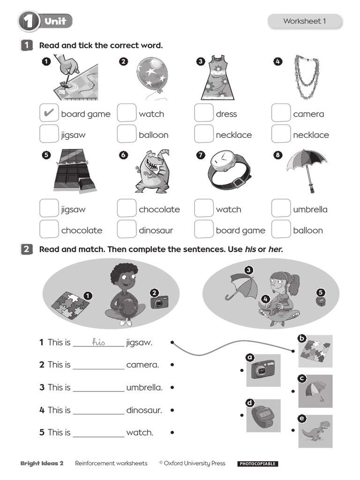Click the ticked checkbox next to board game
(49, 113)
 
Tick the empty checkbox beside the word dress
(203, 113)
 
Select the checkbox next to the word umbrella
(281, 209)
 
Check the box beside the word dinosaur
(126, 229)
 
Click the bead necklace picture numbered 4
(307, 76)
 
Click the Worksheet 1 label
(304, 21)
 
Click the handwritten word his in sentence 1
(98, 342)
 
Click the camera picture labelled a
(263, 370)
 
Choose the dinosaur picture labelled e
(315, 431)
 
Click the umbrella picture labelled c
(315, 391)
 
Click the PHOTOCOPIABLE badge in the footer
(258, 464)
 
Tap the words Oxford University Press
(195, 463)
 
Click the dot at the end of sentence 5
(172, 432)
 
